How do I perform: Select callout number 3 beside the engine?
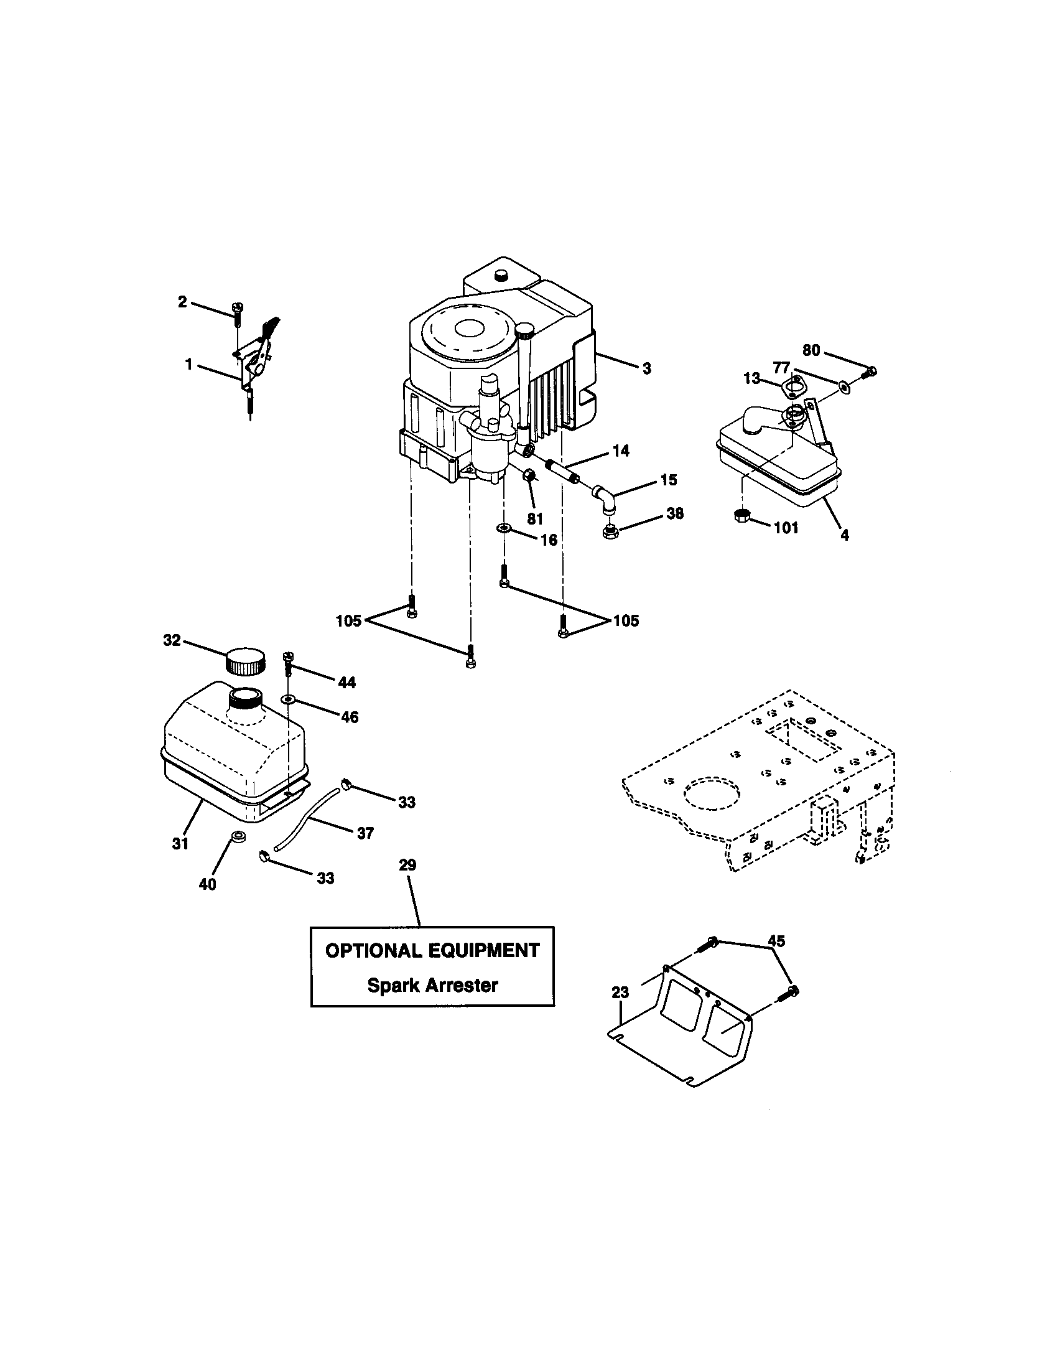646,368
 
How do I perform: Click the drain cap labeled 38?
609,533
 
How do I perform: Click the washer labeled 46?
288,698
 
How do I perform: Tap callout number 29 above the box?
407,866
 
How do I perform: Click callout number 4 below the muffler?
844,535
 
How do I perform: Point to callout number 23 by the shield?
620,993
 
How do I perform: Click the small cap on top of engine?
501,275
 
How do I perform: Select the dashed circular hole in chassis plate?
713,794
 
